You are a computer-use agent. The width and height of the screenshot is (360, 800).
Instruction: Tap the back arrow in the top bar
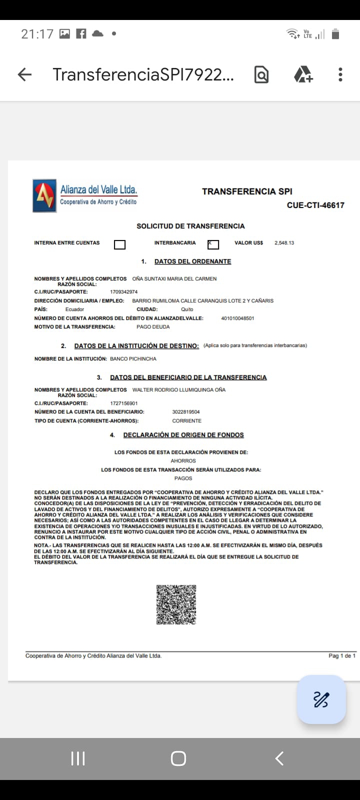[x=24, y=75]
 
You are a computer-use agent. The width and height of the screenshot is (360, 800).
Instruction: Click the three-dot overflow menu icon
[x=340, y=75]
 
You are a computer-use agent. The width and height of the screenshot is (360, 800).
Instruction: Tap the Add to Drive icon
[x=303, y=74]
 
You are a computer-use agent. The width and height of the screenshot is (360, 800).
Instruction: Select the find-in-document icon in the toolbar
[x=261, y=75]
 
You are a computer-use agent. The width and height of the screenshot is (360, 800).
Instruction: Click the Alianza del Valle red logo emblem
[x=44, y=196]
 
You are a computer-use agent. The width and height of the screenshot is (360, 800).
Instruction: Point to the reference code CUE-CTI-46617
[x=315, y=205]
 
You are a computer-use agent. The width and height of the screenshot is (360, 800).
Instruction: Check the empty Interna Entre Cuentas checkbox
[x=119, y=244]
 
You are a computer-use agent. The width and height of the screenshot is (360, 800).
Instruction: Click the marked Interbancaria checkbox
[x=213, y=244]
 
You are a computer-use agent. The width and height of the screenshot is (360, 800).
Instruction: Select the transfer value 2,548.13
[x=284, y=243]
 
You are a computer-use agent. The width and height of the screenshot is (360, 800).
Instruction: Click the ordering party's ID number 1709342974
[x=123, y=292]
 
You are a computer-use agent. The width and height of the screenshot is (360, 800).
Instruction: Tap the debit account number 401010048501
[x=237, y=318]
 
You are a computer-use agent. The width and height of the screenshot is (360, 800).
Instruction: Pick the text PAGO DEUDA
[x=153, y=327]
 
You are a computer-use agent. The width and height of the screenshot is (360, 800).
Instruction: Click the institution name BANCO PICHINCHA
[x=133, y=359]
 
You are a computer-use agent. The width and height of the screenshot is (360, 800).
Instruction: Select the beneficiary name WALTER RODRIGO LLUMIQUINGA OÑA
[x=178, y=390]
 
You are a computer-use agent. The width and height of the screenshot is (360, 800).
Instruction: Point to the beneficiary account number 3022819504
[x=186, y=412]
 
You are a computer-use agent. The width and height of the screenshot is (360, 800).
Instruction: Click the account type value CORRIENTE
[x=186, y=421]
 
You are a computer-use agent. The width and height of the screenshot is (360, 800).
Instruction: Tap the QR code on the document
[x=176, y=604]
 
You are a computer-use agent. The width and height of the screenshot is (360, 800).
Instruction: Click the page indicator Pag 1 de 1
[x=342, y=655]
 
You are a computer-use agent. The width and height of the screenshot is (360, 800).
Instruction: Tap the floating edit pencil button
[x=321, y=699]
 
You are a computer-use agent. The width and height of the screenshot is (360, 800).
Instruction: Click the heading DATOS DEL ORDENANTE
[x=192, y=261]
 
